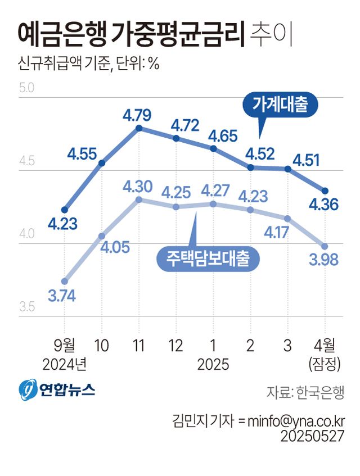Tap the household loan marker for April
pyautogui.click(x=325, y=191)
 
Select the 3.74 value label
pyautogui.click(x=62, y=296)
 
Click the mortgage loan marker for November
pyautogui.click(x=139, y=200)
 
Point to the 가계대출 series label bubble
pyautogui.click(x=280, y=105)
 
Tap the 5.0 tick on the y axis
pyautogui.click(x=27, y=88)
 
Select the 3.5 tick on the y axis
pyautogui.click(x=27, y=307)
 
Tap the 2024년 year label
pyautogui.click(x=65, y=365)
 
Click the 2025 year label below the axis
pyautogui.click(x=213, y=365)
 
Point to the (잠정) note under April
pyautogui.click(x=325, y=365)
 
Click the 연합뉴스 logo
pyautogui.click(x=57, y=388)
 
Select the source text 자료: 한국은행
pyautogui.click(x=305, y=392)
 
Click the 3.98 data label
pyautogui.click(x=324, y=260)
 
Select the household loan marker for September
pyautogui.click(x=65, y=209)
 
